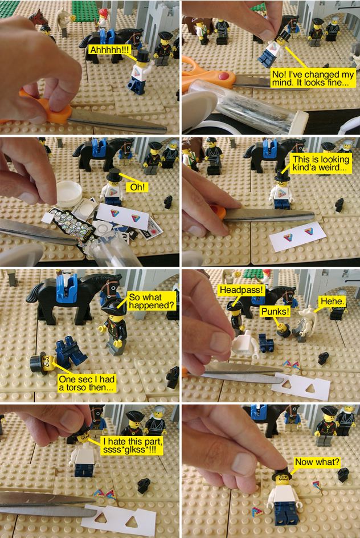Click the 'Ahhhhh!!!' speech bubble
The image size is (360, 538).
click(109, 50)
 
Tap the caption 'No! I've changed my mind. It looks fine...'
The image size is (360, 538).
click(313, 79)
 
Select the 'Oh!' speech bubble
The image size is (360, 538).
click(137, 188)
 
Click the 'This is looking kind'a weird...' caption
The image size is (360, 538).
click(321, 164)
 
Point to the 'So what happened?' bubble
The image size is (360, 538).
click(151, 301)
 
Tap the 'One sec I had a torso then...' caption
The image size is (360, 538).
click(87, 383)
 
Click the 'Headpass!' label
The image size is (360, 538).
click(242, 290)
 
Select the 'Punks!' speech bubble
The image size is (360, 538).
click(275, 312)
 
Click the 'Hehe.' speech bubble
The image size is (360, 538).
click(332, 301)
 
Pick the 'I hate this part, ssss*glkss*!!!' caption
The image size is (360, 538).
click(132, 445)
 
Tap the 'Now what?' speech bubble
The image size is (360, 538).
click(317, 462)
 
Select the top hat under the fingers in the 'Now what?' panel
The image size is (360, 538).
click(281, 474)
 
